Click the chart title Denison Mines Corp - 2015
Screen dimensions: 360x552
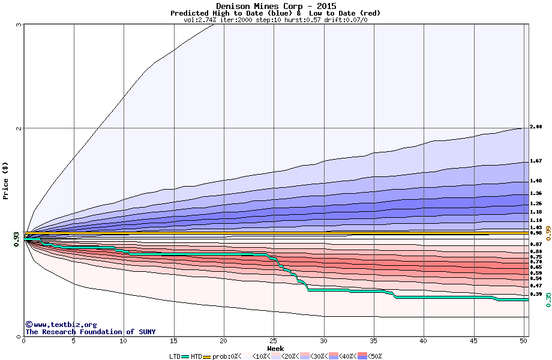coord(275,6)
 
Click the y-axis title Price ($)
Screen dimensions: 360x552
coord(5,180)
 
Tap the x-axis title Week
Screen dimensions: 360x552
coord(275,348)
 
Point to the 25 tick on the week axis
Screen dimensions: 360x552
coord(274,341)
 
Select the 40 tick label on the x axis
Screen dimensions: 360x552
coord(423,341)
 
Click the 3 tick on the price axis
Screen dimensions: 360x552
coord(19,25)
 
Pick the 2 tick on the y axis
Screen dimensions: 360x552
coord(19,128)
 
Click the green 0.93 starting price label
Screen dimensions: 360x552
coord(16,240)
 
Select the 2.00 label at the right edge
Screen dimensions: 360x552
coord(536,127)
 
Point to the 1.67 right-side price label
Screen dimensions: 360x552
coord(536,161)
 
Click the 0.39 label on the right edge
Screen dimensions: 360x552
coord(536,294)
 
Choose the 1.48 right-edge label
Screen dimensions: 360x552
coord(536,181)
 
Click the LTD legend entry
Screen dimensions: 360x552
coord(175,356)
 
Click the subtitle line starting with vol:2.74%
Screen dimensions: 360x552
coord(275,20)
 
